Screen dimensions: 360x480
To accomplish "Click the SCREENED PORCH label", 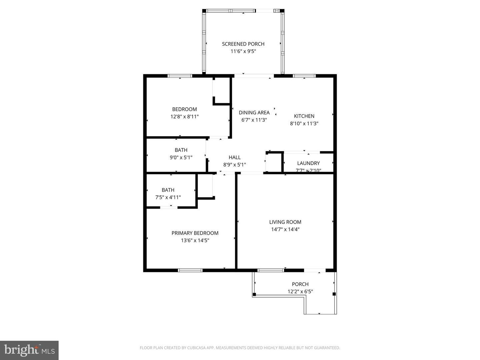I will [x=243, y=44].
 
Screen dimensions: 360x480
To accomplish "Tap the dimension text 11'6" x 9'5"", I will [x=243, y=51].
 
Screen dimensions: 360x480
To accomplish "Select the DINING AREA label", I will [x=254, y=113].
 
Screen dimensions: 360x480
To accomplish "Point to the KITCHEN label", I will [x=304, y=116].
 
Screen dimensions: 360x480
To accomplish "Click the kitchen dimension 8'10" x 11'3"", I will [x=304, y=123].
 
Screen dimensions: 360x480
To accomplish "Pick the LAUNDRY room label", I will [x=308, y=163].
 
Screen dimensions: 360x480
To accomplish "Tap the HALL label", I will [x=234, y=157].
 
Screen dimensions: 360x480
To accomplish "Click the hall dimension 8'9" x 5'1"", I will [x=234, y=165].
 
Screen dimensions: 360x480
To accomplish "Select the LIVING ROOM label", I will [x=285, y=222].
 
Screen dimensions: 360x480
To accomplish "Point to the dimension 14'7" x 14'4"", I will [x=285, y=229].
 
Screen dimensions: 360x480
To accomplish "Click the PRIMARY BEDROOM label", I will [x=195, y=233].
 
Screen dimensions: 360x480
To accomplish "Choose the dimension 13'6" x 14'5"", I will [x=195, y=240].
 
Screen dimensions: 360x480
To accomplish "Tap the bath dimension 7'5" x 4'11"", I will [x=168, y=197].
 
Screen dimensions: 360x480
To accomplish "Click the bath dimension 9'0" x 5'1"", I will [x=181, y=157].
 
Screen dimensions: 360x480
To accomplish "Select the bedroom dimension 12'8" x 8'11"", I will [x=184, y=117].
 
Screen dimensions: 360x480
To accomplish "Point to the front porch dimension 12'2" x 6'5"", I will [x=300, y=292].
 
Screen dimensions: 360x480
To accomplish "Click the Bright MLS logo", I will [x=29, y=350].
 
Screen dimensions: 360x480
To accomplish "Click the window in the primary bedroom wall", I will [x=190, y=270].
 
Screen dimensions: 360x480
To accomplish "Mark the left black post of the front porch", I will [x=254, y=294].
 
